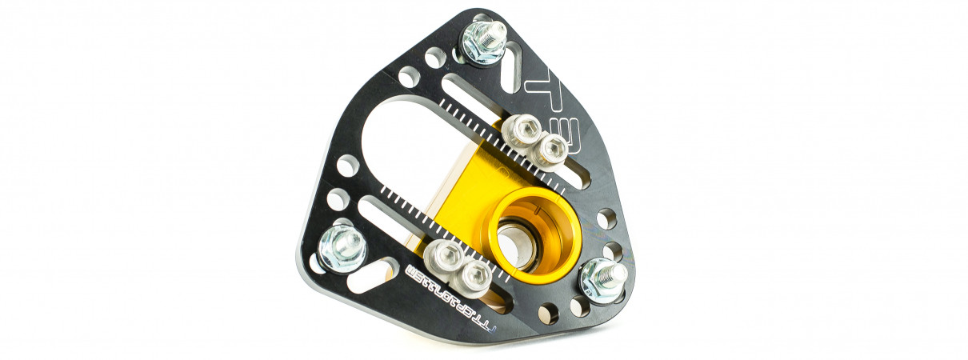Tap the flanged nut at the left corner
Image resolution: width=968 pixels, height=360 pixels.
click(342, 249)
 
